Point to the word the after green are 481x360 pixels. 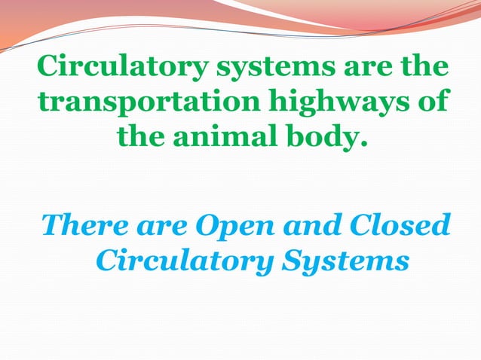click(424, 67)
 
